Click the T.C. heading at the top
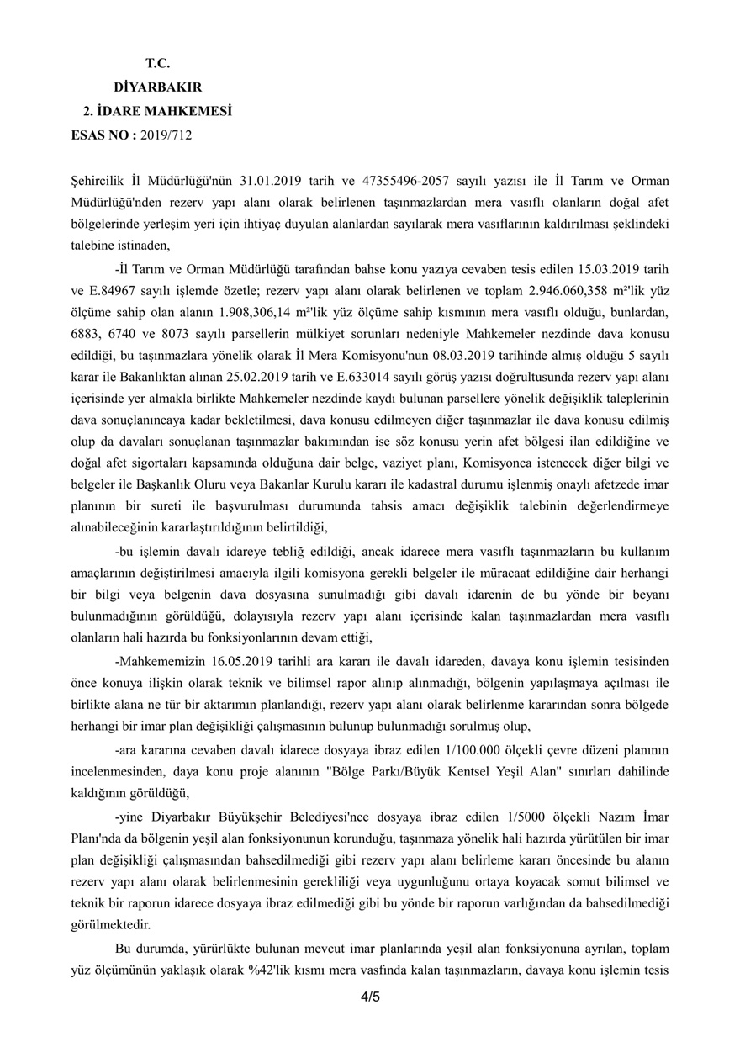157,63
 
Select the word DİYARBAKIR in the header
157,87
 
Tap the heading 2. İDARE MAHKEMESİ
157,110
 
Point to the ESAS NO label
103,134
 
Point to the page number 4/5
370,997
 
